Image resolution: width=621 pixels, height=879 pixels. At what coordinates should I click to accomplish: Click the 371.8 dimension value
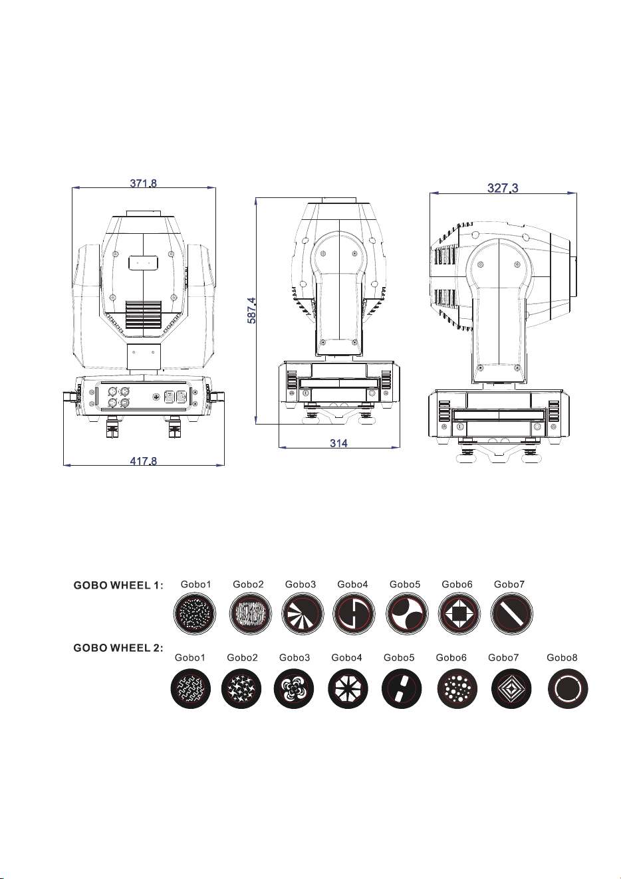144,183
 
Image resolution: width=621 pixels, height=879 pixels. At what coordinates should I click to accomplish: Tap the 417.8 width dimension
144,460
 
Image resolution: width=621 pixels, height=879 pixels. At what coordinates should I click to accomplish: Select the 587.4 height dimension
251,310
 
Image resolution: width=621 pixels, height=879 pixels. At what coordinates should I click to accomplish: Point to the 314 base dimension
338,443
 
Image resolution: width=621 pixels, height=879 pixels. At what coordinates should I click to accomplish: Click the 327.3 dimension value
503,188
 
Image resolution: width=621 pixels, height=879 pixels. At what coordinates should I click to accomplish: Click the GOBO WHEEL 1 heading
118,585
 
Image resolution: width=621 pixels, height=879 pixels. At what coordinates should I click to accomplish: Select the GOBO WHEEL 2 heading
118,648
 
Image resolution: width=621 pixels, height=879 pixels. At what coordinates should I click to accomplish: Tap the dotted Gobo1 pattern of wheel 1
195,614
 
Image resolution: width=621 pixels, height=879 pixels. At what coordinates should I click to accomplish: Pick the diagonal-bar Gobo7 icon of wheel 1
512,614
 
